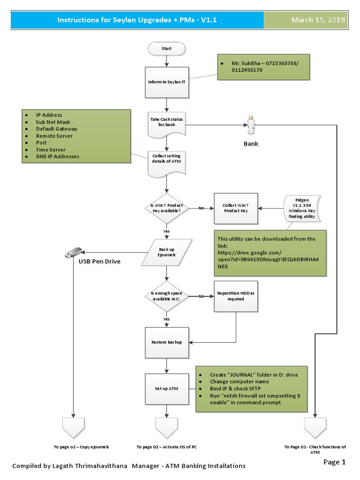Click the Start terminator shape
click(166, 48)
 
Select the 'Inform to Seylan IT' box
click(166, 82)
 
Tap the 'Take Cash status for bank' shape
click(166, 123)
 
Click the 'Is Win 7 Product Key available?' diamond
click(166, 208)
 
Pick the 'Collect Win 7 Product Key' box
click(236, 208)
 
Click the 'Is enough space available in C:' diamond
click(166, 297)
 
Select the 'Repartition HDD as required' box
click(236, 296)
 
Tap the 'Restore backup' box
click(166, 342)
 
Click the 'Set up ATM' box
click(166, 389)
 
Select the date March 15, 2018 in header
click(318, 20)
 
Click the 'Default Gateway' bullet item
click(57, 129)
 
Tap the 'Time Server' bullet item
click(52, 150)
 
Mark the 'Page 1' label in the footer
click(334, 462)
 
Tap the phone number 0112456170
click(247, 70)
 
